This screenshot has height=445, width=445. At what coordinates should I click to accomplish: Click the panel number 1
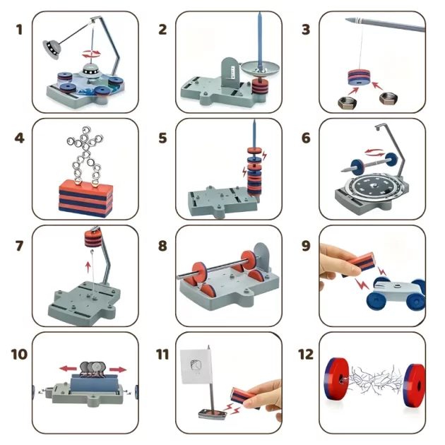[19, 30]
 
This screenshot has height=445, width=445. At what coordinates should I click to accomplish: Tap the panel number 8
[162, 246]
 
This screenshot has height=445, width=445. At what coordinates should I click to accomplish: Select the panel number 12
[306, 354]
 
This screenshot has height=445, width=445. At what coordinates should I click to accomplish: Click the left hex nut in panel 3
[346, 102]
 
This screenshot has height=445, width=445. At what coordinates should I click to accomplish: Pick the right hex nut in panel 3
[388, 98]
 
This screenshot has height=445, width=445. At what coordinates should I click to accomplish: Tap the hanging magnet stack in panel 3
[359, 77]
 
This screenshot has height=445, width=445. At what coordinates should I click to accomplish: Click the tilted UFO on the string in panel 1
[52, 49]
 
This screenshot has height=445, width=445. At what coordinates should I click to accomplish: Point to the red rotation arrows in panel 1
[91, 54]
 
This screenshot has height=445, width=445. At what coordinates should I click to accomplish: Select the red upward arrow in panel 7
[88, 268]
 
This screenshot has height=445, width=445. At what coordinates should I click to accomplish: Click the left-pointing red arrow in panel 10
[68, 369]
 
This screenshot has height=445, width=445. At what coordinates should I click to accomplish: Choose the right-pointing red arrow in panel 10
[118, 369]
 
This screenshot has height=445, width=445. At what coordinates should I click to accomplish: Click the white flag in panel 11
[196, 367]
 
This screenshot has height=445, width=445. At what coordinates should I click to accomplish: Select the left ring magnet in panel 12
[337, 379]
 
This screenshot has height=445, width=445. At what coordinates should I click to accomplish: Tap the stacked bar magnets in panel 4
[85, 198]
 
